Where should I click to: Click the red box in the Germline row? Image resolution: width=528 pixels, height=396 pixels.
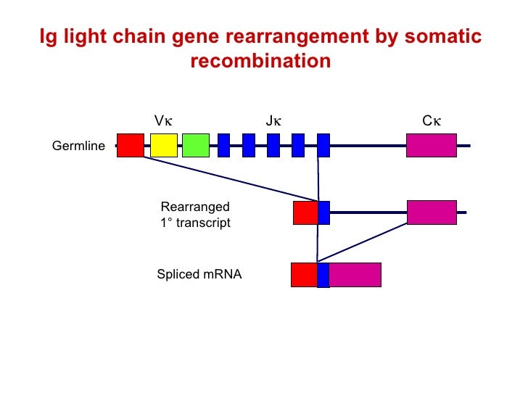click(131, 145)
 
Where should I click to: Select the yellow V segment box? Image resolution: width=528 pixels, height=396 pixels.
click(164, 145)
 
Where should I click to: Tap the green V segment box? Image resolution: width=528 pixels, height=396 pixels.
click(196, 145)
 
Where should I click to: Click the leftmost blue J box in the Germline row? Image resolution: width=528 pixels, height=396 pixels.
click(224, 145)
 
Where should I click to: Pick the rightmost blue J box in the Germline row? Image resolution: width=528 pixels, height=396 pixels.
click(323, 145)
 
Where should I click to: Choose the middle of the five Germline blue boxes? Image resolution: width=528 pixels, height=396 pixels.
click(273, 145)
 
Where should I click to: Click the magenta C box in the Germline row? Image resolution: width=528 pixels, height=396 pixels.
click(432, 145)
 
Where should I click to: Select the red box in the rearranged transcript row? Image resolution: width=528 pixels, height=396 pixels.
click(305, 213)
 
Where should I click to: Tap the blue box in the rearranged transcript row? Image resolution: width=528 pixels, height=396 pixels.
click(324, 213)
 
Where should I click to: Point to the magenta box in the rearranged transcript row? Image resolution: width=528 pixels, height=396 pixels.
click(432, 213)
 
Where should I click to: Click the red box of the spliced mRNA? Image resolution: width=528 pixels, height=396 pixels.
click(304, 275)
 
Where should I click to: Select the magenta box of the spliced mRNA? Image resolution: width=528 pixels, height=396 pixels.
click(355, 275)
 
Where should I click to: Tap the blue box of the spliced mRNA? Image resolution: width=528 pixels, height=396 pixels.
click(323, 275)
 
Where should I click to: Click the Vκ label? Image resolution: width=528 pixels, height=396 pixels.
click(163, 120)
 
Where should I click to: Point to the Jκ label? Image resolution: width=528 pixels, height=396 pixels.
click(273, 120)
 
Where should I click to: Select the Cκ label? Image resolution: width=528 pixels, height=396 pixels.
click(432, 120)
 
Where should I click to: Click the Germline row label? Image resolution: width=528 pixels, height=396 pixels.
click(78, 147)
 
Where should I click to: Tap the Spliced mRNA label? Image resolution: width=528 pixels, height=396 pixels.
click(199, 275)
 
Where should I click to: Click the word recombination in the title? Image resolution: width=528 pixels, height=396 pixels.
click(260, 62)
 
